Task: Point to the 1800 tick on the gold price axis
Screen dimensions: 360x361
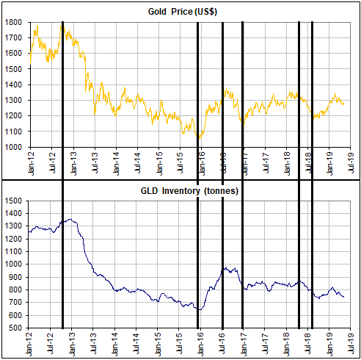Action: coord(14,23)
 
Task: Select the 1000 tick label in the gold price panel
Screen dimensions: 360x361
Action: coord(14,147)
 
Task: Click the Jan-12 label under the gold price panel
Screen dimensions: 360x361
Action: coord(31,161)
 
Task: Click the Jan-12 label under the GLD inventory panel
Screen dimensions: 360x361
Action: coord(31,342)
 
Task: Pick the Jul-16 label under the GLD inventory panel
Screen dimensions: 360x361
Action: coord(224,342)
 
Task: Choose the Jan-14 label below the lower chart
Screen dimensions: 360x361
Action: coord(117,342)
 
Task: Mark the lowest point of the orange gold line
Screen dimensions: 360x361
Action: coord(199,137)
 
